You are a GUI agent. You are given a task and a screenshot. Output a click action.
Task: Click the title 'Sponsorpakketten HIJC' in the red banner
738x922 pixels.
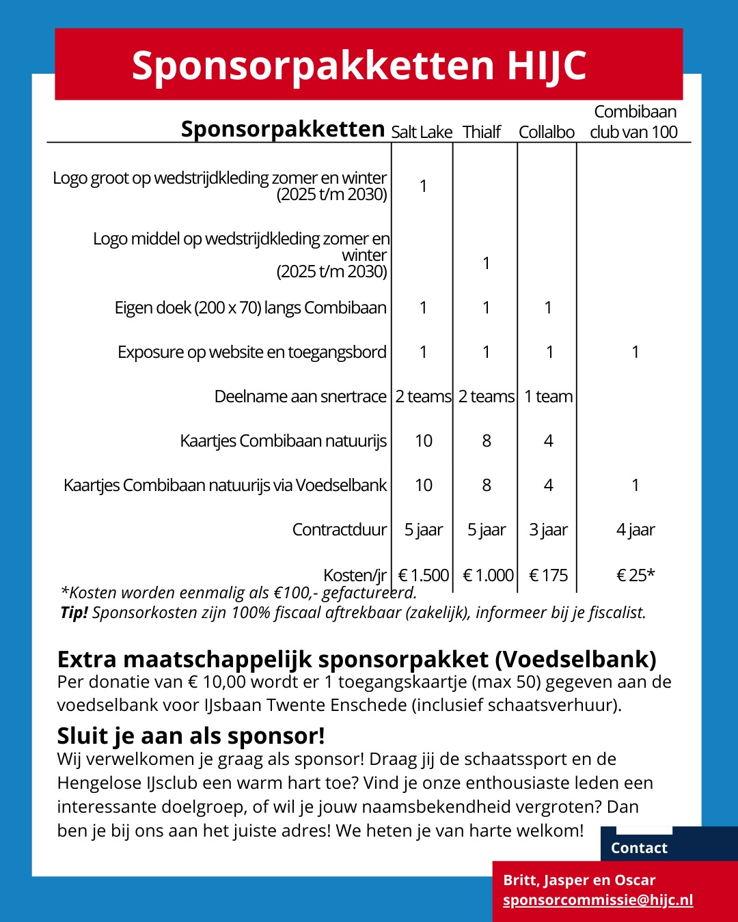pos(359,66)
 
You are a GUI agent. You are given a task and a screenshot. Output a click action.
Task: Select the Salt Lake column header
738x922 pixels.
pos(422,132)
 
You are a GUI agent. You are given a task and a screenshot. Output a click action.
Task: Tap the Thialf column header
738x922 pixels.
pos(482,132)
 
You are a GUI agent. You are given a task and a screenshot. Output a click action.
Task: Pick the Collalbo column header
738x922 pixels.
pos(547,132)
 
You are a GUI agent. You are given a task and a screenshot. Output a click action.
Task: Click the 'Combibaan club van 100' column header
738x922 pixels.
pos(634,122)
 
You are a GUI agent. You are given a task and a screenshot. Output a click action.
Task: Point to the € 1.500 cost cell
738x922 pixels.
pos(424,575)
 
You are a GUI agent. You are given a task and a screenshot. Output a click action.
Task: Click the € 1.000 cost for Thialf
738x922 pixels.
pos(488,575)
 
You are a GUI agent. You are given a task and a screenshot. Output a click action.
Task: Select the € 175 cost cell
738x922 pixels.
pos(549,575)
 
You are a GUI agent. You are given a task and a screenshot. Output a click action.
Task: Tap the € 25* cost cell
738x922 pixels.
pos(635,575)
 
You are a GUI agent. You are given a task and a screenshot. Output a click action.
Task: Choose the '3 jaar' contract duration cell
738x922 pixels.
pos(548,529)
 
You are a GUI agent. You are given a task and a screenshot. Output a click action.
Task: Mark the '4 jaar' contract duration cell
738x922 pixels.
pos(635,529)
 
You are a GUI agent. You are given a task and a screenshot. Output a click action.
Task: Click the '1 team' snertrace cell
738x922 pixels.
pos(548,396)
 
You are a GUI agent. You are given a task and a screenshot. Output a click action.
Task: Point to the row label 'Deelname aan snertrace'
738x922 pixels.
pos(300,396)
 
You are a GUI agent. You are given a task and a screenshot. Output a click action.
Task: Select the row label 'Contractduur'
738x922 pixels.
pos(339,529)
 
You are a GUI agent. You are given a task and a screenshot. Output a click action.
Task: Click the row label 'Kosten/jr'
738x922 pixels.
pos(355,575)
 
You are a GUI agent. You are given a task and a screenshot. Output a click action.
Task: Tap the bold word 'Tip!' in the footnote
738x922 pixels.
pos(74,613)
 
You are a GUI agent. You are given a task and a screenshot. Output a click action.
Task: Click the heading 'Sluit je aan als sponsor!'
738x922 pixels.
pos(191,736)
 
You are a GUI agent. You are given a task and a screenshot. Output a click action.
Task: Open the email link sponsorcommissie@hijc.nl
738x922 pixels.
pos(598,899)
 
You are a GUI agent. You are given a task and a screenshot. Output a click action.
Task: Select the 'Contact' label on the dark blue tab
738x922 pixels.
pos(639,848)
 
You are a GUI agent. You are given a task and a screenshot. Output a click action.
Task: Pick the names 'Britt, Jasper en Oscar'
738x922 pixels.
pos(579,880)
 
